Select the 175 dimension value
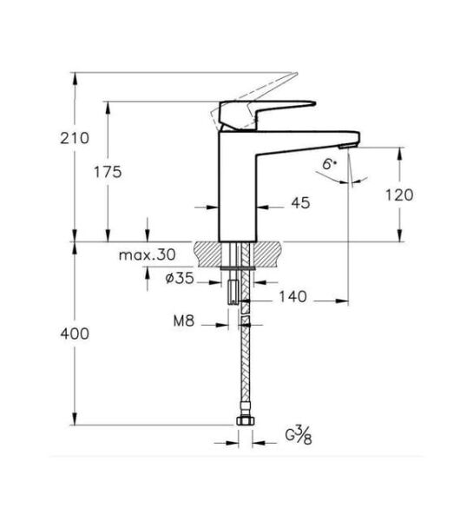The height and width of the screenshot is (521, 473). [108, 172]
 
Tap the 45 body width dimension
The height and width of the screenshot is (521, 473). [300, 202]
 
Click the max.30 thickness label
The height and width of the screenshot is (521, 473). [147, 255]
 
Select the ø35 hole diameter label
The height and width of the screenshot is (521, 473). [179, 279]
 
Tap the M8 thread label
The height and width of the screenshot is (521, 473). [182, 321]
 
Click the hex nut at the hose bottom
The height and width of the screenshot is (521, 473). [244, 423]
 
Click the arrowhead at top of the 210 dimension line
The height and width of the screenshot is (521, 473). [76, 77]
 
